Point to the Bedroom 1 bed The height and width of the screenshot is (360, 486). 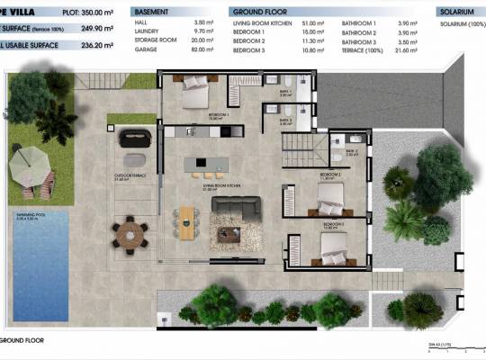(196, 94)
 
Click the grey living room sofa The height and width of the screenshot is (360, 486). (236, 207)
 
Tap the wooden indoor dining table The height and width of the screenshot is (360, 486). (186, 221)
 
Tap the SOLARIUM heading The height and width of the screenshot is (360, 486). (457, 13)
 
